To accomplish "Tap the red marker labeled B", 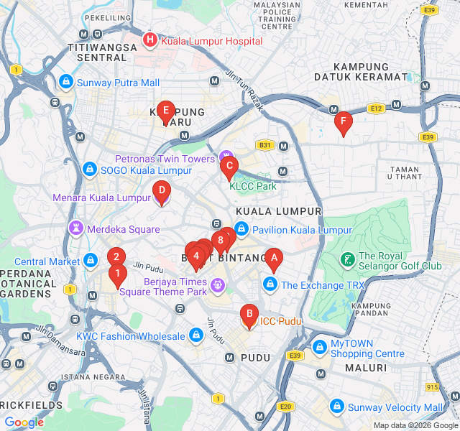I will pos(249,314).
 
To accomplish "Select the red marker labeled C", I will pos(229,167).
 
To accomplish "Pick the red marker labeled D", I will pos(162,191).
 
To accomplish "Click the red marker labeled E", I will pos(166,111).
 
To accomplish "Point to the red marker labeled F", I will pos(343,122).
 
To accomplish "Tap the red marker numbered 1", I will pos(117,274).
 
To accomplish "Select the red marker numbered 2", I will pos(116,256).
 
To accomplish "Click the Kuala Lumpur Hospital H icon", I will pos(149,40).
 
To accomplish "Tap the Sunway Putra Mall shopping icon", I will pos(66,83).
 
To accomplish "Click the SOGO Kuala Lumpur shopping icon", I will pos(89,170).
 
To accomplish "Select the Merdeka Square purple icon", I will pos(75,228).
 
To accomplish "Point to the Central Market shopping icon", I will pos(90,260).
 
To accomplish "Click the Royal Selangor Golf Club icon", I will pos(346,258).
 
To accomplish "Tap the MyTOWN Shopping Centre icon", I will pos(319,348).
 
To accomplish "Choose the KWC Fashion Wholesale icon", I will pos(196,335).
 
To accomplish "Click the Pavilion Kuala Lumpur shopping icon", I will pos(241,230).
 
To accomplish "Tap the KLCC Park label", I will pos(252,186).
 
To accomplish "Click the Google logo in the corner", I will pos(24,422).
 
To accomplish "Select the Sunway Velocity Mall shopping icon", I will pos(336,407).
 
